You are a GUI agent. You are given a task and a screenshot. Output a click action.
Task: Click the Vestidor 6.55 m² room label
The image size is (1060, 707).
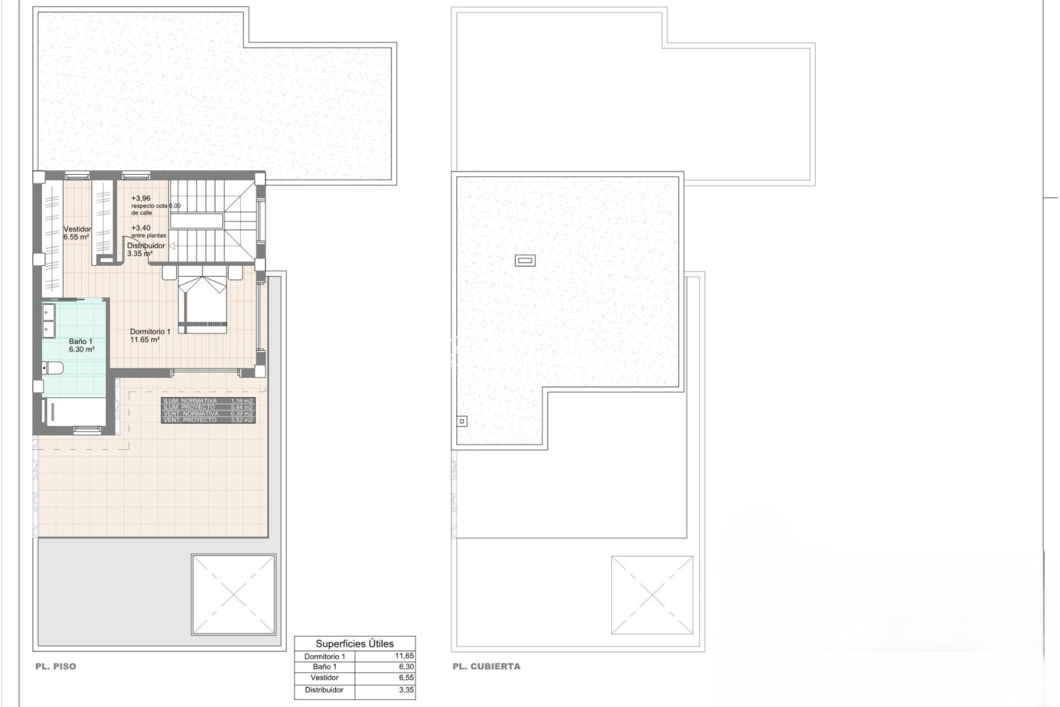tap(77, 233)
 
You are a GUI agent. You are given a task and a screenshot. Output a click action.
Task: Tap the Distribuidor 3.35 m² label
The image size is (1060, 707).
tap(145, 249)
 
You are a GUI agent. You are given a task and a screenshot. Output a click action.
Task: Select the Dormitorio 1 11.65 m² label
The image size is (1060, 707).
tap(150, 336)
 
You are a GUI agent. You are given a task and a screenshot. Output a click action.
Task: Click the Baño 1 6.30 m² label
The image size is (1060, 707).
tap(81, 346)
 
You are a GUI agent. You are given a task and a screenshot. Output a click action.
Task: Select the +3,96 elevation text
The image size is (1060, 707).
tap(141, 198)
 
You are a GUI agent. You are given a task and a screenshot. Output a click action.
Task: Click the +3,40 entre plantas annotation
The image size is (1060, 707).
tap(148, 231)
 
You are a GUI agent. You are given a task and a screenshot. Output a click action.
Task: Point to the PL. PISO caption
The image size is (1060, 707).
tap(56, 666)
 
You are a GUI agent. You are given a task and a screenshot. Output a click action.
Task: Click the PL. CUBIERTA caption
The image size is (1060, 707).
tap(486, 666)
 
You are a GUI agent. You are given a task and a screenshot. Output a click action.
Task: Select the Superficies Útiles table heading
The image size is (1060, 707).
tap(355, 644)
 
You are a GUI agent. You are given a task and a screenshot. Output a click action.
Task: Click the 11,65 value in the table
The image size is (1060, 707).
tap(404, 656)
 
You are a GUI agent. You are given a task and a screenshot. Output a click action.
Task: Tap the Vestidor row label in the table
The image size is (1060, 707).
tap(325, 678)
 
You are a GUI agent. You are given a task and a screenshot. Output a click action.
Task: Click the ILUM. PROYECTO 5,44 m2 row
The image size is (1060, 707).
tap(208, 407)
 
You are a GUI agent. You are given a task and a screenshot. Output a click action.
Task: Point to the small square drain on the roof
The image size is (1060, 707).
tap(462, 422)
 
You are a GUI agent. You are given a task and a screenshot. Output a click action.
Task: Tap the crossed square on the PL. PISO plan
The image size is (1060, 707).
tap(234, 594)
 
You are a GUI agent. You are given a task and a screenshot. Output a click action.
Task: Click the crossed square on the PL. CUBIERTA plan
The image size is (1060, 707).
tap(652, 596)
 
